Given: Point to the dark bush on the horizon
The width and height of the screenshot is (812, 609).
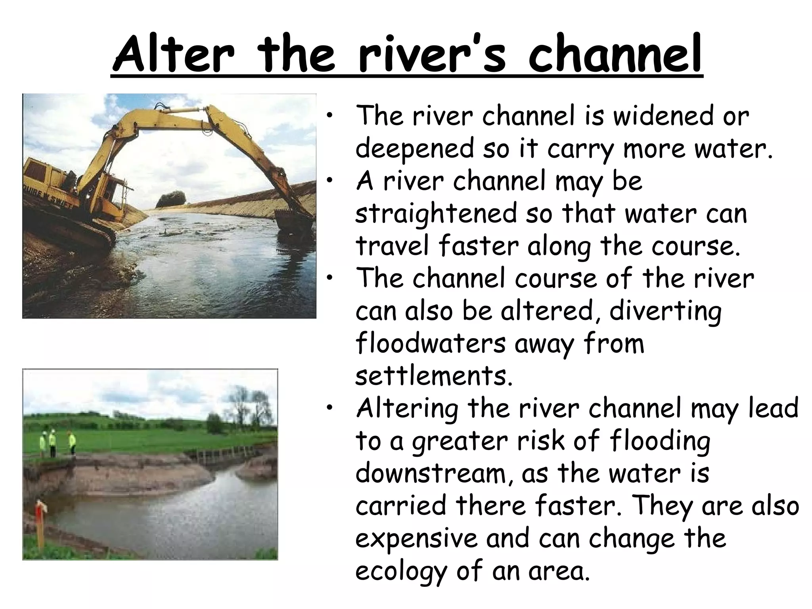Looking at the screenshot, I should click(171, 199).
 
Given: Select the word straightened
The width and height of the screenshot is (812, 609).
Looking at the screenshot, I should click(436, 214).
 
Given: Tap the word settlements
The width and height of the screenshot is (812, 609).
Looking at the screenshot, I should click(434, 376).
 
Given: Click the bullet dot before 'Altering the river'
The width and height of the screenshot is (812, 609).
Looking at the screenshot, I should click(329, 410).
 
